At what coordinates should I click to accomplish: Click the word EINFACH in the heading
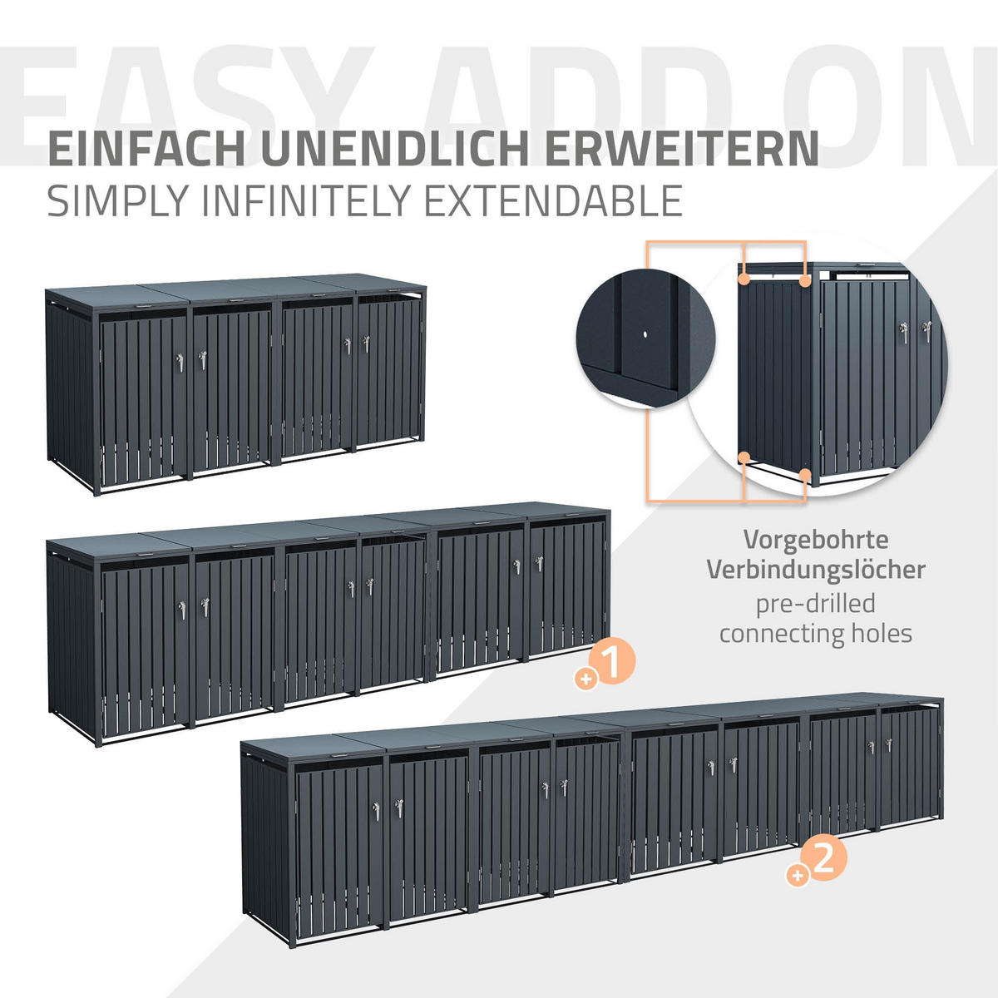147,148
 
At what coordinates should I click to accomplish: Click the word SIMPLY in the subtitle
117,201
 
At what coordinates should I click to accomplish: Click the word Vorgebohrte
816,541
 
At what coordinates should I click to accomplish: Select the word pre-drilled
816,605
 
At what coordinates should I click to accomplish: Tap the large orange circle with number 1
615,661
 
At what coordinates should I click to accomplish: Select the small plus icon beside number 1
586,679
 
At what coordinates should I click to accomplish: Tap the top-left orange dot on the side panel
744,279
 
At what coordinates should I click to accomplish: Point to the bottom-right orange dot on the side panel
805,474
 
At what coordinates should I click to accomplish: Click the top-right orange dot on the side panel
805,281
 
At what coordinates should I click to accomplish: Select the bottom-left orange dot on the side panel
744,457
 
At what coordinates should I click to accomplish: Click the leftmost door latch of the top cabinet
180,363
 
